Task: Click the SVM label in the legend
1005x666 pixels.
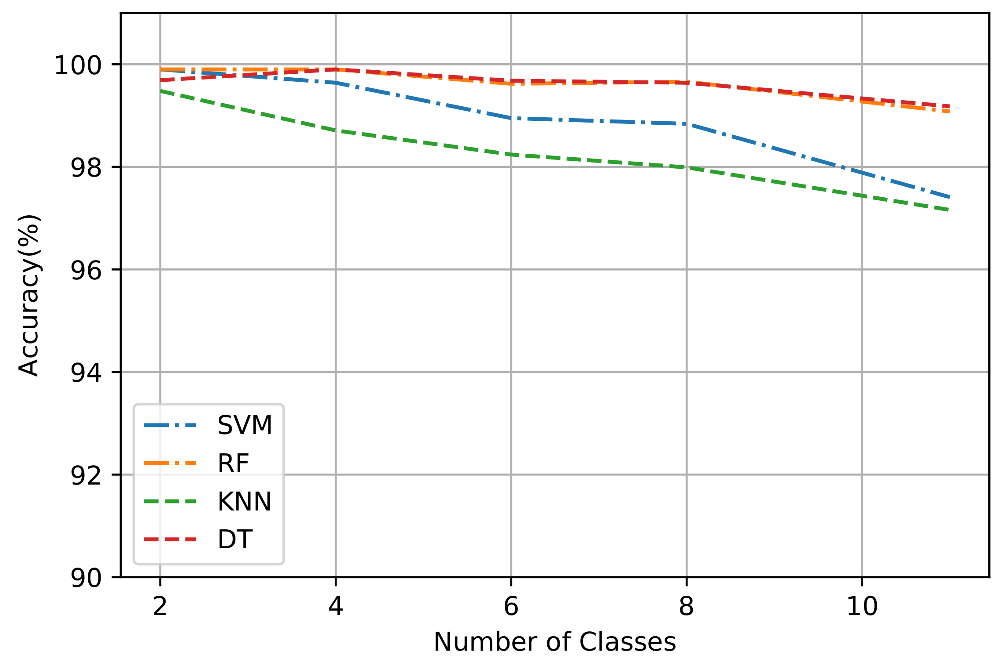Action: click(x=245, y=425)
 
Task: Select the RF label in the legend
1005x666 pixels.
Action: click(x=233, y=463)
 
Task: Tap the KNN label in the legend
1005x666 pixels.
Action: click(x=244, y=502)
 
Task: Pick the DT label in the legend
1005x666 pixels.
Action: click(x=235, y=539)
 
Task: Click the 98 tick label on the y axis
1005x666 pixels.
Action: click(x=86, y=168)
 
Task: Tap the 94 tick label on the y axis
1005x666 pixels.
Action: click(x=86, y=373)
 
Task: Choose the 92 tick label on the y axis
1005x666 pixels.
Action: click(x=86, y=476)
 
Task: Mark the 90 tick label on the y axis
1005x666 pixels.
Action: click(x=86, y=578)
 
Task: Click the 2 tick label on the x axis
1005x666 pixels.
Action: click(x=160, y=607)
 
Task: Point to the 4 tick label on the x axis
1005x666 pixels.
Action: click(x=336, y=607)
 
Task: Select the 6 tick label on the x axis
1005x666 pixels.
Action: click(x=511, y=607)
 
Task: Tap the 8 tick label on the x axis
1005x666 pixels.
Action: click(x=686, y=607)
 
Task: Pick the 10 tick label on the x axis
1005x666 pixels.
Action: click(x=862, y=607)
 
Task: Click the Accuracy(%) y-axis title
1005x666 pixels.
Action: click(x=29, y=295)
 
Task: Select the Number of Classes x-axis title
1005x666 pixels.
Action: click(x=554, y=642)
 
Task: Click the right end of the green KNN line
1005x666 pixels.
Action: click(x=949, y=210)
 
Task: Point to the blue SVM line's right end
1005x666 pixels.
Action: click(x=949, y=197)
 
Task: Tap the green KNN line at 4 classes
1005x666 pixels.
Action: click(x=336, y=130)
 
